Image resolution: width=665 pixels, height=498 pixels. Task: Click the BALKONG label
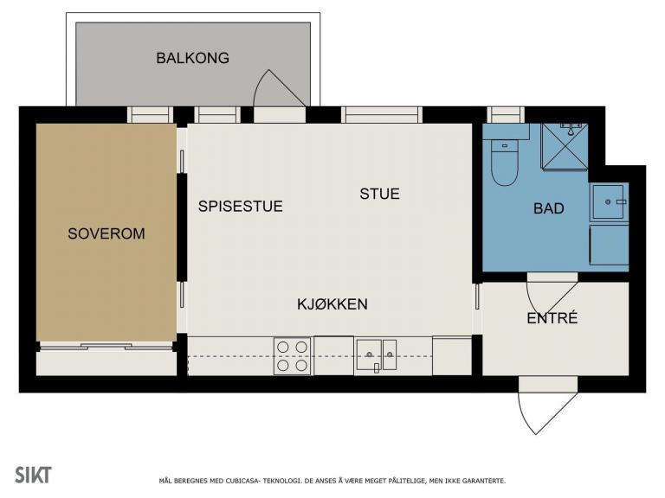(192, 58)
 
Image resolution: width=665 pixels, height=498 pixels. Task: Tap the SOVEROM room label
(107, 233)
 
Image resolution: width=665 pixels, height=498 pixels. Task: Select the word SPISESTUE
(241, 207)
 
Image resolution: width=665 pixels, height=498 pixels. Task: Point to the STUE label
(379, 194)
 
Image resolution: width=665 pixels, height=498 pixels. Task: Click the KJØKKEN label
(332, 304)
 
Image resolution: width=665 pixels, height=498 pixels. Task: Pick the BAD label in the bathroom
(549, 208)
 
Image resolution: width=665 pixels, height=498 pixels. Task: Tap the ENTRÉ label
(552, 318)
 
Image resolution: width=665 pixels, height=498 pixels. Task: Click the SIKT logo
(33, 476)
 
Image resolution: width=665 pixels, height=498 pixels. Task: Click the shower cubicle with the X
(565, 147)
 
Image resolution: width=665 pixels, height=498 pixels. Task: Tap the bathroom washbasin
(609, 202)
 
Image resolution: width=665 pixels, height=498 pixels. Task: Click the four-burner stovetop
(292, 356)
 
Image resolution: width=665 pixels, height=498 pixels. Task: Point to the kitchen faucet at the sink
(377, 368)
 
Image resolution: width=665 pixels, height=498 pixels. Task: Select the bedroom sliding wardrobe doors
(107, 347)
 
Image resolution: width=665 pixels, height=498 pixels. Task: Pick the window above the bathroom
(505, 115)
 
